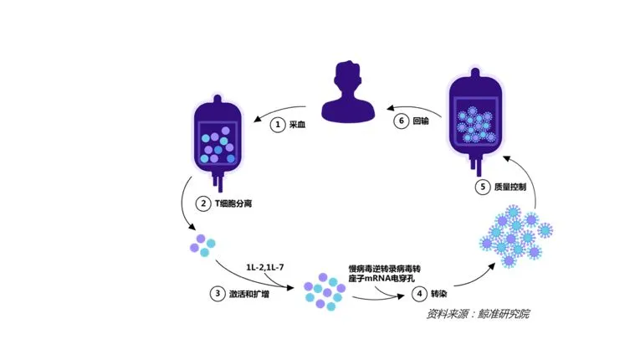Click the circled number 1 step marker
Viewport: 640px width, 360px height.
click(x=279, y=124)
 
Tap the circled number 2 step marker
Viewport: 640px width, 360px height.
click(x=203, y=203)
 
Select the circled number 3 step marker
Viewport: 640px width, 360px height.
click(x=216, y=294)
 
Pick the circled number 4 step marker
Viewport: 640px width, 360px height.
click(x=419, y=294)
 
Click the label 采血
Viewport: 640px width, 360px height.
click(x=299, y=124)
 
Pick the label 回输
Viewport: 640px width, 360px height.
click(x=421, y=121)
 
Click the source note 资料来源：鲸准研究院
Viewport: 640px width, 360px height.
click(x=478, y=315)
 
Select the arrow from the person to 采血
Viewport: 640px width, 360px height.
click(x=287, y=107)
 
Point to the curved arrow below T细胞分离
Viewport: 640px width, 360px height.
click(x=186, y=209)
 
